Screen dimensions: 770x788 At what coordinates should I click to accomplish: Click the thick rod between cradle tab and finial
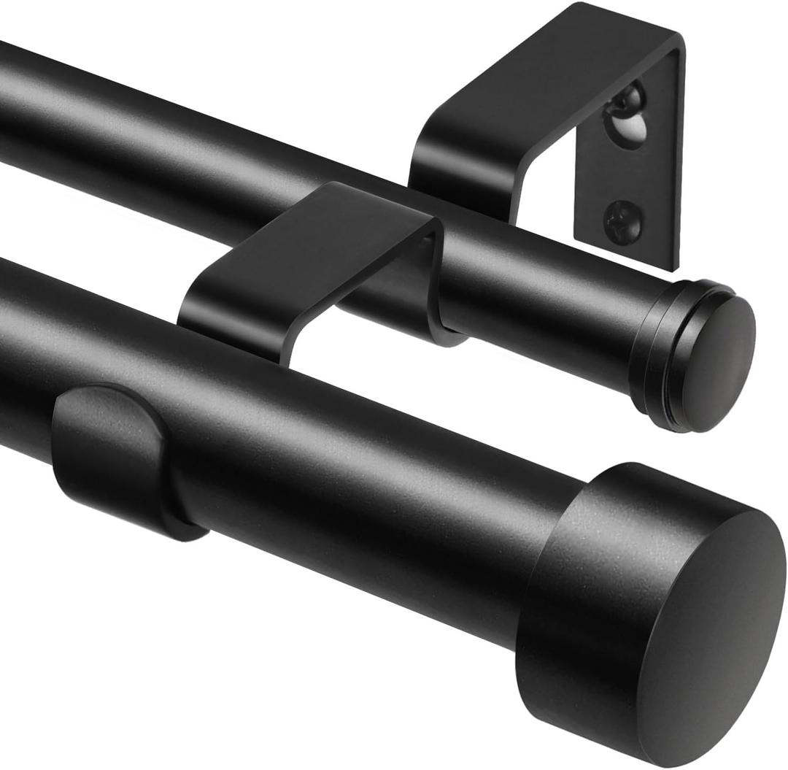[365, 496]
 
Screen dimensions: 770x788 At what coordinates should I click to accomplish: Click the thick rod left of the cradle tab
[22, 343]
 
